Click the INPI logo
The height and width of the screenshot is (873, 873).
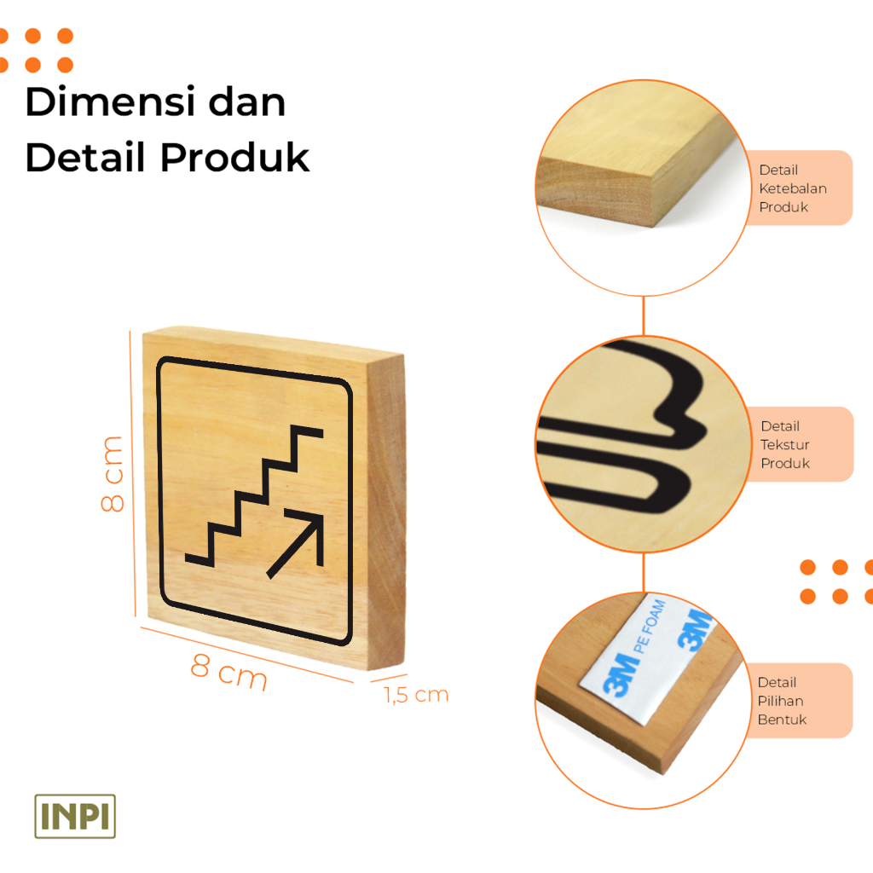75,816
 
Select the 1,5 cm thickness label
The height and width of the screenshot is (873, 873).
416,695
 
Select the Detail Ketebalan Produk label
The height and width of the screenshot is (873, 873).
793,188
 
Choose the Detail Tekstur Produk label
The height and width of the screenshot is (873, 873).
785,444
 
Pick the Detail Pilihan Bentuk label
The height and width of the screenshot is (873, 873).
781,701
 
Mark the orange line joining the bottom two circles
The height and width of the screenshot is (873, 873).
643,572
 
